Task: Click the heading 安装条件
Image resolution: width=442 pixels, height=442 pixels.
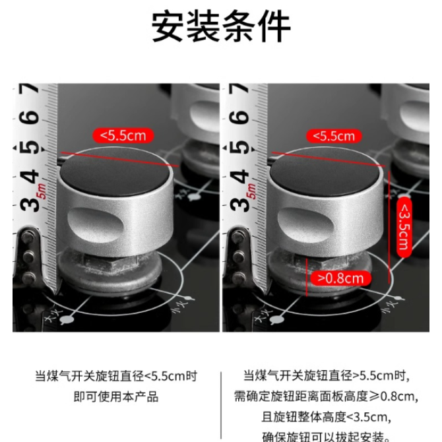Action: (221, 26)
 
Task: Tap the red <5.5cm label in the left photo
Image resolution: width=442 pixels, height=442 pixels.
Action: (123, 136)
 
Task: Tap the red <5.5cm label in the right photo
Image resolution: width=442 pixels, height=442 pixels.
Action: (334, 136)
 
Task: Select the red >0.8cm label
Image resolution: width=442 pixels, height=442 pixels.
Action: (340, 278)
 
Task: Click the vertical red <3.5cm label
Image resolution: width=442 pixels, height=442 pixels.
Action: (404, 227)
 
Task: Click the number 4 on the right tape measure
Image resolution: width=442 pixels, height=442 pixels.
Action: (239, 176)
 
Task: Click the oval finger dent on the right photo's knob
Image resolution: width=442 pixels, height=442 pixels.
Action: (305, 225)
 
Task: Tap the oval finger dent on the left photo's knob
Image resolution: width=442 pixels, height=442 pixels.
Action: (95, 225)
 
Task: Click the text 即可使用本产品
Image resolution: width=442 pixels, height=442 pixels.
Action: (116, 396)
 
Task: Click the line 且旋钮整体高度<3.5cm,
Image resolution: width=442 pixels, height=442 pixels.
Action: (326, 417)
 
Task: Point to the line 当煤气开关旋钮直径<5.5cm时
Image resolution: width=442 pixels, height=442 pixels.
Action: (116, 376)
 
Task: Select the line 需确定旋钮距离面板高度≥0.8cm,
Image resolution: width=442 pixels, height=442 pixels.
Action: (326, 396)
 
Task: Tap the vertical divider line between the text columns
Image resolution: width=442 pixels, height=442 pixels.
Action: (221, 406)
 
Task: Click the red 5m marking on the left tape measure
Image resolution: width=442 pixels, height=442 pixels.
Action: (42, 191)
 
